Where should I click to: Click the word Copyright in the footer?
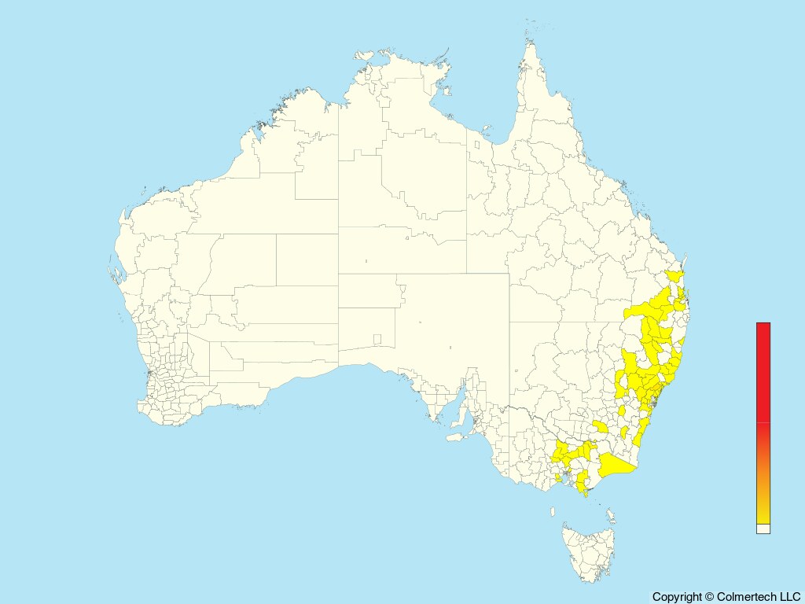(677, 597)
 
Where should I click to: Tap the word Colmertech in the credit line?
(746, 597)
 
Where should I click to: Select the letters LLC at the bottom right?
(788, 597)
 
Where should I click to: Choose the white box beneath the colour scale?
(763, 528)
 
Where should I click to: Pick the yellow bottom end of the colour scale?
(763, 515)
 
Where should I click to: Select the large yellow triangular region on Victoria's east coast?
(617, 468)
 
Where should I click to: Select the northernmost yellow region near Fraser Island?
(674, 276)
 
